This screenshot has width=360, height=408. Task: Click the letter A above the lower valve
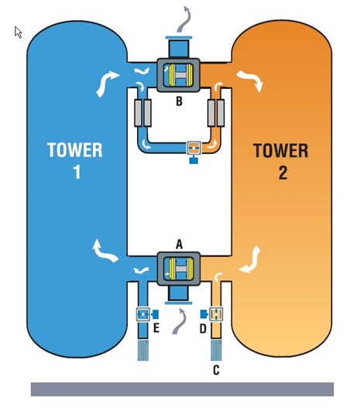tap(179, 245)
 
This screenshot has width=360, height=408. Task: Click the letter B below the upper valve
tap(179, 101)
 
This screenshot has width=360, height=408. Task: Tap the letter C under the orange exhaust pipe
tap(216, 370)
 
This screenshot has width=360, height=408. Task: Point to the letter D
tap(203, 328)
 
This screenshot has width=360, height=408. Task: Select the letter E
tap(156, 328)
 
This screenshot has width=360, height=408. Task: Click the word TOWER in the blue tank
tap(75, 150)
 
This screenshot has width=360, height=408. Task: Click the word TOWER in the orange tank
tap(281, 151)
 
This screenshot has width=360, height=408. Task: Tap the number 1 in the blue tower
tap(77, 172)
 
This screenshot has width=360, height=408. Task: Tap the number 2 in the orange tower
tap(283, 173)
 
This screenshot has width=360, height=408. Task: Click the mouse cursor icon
tap(18, 32)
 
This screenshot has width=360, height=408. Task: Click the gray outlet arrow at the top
tap(184, 19)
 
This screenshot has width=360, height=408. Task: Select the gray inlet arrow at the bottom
tap(180, 321)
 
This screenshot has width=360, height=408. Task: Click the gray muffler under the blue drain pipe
tap(143, 350)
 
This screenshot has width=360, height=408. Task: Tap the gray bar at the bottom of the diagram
tap(183, 389)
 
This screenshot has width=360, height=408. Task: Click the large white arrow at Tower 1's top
tap(107, 83)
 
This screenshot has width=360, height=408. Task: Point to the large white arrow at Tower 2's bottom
tap(250, 260)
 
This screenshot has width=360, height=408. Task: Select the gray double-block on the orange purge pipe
tap(216, 113)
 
